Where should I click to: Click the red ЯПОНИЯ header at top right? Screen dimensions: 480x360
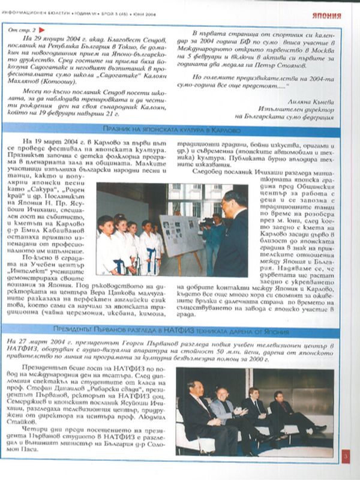(326, 15)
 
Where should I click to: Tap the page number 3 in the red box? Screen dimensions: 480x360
(346, 459)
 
